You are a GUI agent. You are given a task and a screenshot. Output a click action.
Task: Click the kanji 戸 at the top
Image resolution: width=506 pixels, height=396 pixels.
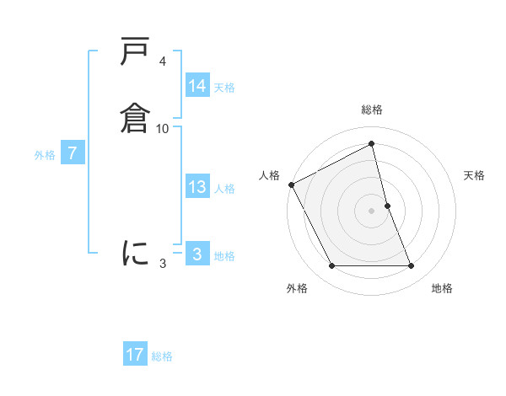[x=136, y=52]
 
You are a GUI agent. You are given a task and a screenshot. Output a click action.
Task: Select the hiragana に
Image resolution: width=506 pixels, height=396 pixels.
[x=136, y=252]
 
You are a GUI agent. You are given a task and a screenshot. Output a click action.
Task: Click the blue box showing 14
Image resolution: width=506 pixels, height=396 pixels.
[x=197, y=86]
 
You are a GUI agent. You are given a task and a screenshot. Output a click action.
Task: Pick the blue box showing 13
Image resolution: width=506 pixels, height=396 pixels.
[x=197, y=187]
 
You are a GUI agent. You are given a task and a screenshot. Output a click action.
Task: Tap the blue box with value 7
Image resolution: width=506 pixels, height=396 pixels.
[x=73, y=154]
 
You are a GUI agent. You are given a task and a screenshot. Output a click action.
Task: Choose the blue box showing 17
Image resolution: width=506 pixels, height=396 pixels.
[x=135, y=355]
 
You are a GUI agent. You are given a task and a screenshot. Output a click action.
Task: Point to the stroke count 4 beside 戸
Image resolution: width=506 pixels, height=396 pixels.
[x=162, y=62]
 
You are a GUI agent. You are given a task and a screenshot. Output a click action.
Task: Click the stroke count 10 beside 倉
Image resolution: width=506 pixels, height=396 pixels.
[x=163, y=128]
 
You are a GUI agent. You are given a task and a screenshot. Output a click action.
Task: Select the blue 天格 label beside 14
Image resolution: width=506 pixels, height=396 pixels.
[x=224, y=87]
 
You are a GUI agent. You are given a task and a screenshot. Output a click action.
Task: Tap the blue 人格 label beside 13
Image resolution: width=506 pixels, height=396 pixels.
[x=224, y=189]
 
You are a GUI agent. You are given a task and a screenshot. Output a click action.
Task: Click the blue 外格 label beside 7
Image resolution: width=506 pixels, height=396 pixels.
[x=45, y=155]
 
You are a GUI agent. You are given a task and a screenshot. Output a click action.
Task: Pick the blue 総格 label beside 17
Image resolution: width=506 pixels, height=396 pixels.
[x=162, y=356]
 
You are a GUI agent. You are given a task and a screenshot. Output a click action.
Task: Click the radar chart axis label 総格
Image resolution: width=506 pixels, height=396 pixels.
[x=372, y=110]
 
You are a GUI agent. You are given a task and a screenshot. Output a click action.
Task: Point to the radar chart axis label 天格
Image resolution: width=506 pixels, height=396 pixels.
[x=475, y=175]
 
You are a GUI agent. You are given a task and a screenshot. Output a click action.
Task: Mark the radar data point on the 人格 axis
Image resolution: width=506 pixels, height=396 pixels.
[x=291, y=185]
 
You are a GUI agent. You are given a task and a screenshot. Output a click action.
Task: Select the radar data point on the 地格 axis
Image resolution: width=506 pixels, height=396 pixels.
[x=412, y=266]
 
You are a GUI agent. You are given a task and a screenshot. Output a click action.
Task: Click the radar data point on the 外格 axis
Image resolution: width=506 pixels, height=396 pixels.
[x=331, y=266]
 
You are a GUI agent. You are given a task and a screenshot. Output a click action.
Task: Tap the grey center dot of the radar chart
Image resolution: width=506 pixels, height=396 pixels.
[x=372, y=211]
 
